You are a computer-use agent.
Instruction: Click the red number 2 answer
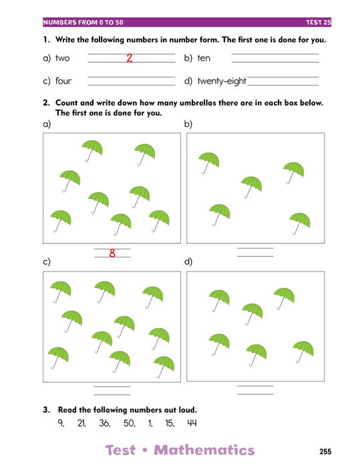click(129, 57)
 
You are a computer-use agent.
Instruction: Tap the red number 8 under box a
click(112, 253)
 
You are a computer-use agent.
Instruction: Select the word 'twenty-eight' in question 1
click(222, 81)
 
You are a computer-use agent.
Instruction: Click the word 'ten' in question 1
click(204, 58)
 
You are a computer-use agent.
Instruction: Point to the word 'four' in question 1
click(63, 81)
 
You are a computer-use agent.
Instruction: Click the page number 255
click(325, 451)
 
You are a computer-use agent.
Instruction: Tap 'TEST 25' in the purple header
click(319, 22)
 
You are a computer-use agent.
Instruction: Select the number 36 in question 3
click(105, 423)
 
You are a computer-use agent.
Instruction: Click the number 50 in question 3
click(130, 423)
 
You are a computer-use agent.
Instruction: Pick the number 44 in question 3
click(192, 423)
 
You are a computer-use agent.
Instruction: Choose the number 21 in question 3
click(81, 423)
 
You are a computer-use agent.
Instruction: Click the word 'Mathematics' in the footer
click(204, 450)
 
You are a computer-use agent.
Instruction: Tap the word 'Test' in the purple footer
click(120, 450)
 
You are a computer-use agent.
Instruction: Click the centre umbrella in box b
click(251, 187)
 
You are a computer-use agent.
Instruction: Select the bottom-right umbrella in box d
click(303, 352)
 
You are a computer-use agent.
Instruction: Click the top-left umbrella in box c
click(61, 292)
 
